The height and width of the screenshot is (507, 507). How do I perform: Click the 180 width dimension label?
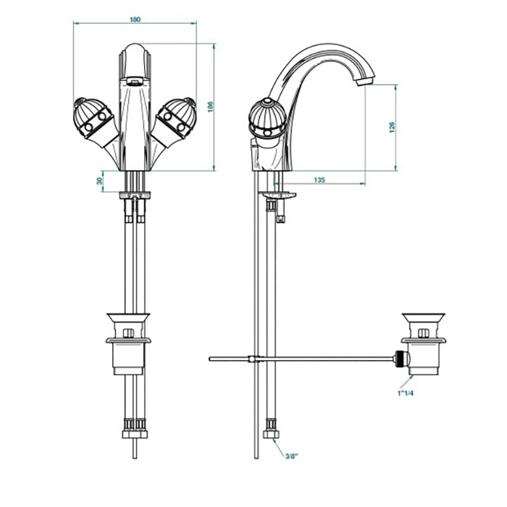135,20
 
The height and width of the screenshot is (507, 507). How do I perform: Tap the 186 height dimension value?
211,106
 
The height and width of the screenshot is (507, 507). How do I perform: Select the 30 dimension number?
100,181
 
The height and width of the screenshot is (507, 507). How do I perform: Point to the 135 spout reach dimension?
319,180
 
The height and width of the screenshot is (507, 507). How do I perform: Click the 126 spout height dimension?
392,127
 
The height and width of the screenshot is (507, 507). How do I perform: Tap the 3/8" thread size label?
290,456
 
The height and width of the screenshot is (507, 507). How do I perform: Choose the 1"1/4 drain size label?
406,393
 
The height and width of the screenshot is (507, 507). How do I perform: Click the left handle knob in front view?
93,118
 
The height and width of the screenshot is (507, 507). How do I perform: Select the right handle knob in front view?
176,118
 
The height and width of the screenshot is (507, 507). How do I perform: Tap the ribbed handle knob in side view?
267,118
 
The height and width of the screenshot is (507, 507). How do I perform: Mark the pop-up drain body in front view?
128,344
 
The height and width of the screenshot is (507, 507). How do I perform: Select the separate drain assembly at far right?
423,344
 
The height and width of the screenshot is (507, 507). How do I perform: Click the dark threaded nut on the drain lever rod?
401,359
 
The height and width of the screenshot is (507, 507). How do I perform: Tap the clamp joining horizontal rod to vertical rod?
255,359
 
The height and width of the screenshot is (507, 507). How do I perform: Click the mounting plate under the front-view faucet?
135,195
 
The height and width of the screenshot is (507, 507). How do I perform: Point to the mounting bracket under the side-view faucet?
280,196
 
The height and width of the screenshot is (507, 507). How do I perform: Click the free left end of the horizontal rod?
210,359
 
